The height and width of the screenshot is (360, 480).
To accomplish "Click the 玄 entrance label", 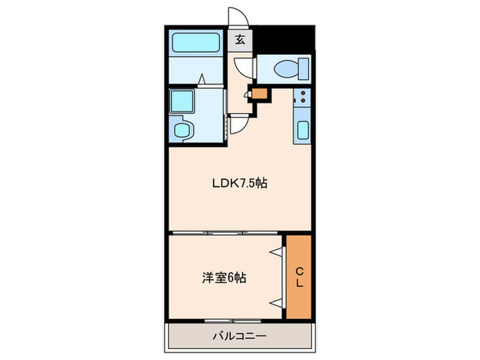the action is pos(240,40).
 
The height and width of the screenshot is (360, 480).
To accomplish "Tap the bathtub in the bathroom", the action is pos(196,43).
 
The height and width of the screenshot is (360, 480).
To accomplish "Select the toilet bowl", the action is pos(286,69).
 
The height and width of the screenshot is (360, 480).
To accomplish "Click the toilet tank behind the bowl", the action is pos(303,69).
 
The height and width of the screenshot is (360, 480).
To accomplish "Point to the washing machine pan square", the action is pos(182,101).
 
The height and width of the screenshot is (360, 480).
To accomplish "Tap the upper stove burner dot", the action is pos(303,93).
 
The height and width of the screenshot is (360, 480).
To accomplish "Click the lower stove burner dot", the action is pos(303,100).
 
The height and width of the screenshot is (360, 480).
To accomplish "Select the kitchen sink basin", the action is pos(303,130).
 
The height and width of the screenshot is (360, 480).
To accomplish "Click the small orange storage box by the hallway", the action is pos(259,94).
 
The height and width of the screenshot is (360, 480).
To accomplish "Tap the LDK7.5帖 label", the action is pos(240,183).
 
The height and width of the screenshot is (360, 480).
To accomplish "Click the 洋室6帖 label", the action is pos(224,278).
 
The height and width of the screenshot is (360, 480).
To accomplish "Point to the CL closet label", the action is pos(300,277).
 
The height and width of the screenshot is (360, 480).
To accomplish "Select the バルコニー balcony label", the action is pos(240,336).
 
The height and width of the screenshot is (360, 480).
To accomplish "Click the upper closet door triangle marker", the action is pos(276,252).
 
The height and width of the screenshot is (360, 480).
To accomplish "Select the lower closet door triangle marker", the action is pos(276,303).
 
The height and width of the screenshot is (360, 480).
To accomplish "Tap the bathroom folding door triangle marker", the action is pos(202,79).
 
